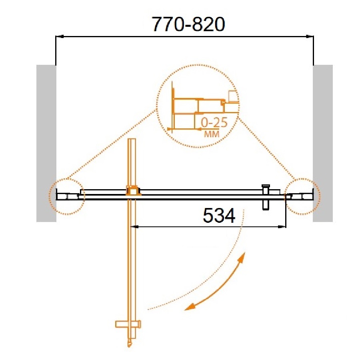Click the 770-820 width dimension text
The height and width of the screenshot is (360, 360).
click(189, 24)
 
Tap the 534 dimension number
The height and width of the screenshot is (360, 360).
click(219, 216)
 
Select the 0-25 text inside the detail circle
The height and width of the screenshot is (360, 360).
click(214, 122)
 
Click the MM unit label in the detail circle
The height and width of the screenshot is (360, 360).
click(212, 134)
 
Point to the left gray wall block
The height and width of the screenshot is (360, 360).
click(46, 143)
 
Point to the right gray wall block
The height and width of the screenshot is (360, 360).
click(322, 143)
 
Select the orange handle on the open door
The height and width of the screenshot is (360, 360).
click(128, 324)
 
